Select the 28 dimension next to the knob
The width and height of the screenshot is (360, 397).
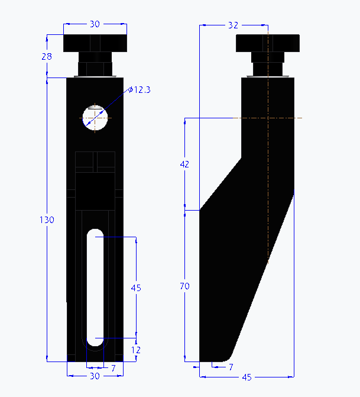pyautogui.click(x=47, y=56)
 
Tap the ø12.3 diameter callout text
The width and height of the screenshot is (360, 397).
pyautogui.click(x=140, y=89)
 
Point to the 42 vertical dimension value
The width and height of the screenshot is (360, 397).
pyautogui.click(x=184, y=164)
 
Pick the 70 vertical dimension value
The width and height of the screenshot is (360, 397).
pyautogui.click(x=184, y=286)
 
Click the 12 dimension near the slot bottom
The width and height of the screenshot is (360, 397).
pyautogui.click(x=137, y=350)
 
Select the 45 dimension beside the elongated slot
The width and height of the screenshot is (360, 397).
pyautogui.click(x=136, y=288)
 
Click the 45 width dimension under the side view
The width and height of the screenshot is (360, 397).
pyautogui.click(x=247, y=377)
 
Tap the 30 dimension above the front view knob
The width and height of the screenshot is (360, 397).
pyautogui.click(x=95, y=24)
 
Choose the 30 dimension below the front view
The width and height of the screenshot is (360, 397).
pyautogui.click(x=95, y=377)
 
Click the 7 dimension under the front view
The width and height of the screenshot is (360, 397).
pyautogui.click(x=113, y=368)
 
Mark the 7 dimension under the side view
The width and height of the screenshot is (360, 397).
pyautogui.click(x=231, y=367)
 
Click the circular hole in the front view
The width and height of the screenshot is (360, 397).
pyautogui.click(x=95, y=117)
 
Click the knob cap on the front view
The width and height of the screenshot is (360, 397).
pyautogui.click(x=95, y=43)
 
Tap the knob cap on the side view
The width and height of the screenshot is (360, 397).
pyautogui.click(x=267, y=43)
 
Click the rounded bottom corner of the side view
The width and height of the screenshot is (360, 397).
pyautogui.click(x=228, y=357)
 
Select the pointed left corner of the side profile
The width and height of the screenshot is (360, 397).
pyautogui.click(x=202, y=209)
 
